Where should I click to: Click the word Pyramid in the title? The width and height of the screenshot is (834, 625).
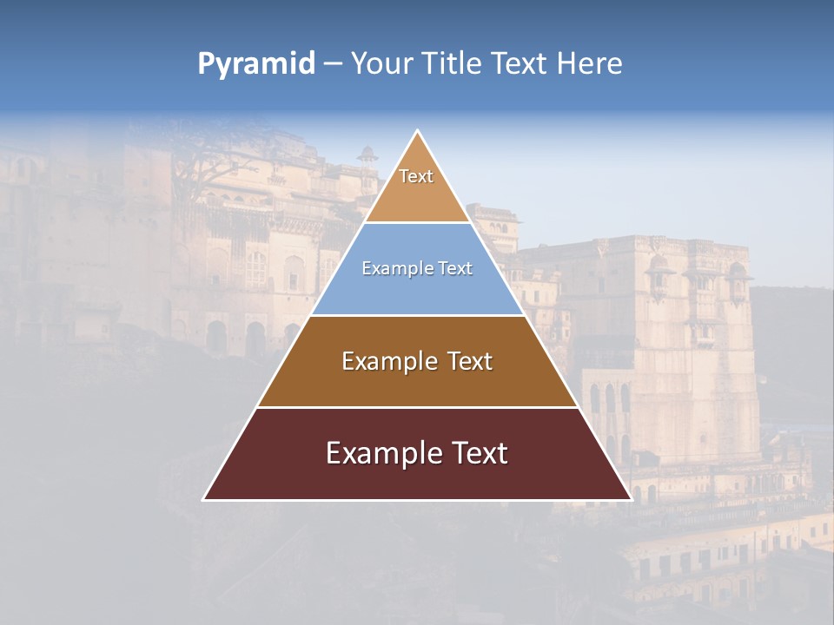pyautogui.click(x=256, y=64)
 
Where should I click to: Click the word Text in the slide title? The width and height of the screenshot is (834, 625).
pyautogui.click(x=520, y=63)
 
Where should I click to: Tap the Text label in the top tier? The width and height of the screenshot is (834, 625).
pyautogui.click(x=416, y=176)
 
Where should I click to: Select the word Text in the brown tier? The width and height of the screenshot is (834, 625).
pyautogui.click(x=470, y=361)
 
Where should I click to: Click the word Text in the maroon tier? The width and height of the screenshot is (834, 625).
pyautogui.click(x=477, y=453)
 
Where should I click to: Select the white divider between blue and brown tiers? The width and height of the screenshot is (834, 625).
pyautogui.click(x=417, y=315)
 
